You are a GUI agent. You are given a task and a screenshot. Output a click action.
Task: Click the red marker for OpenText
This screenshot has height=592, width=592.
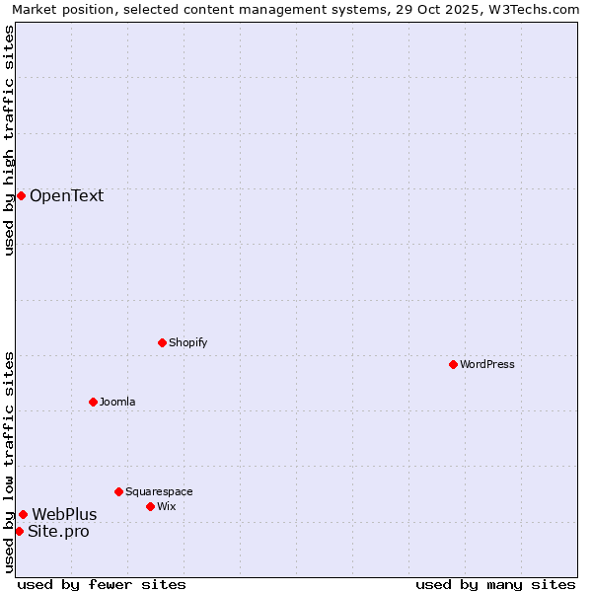tap(21, 195)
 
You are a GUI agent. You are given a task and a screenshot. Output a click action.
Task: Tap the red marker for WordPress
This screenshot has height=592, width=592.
tap(453, 364)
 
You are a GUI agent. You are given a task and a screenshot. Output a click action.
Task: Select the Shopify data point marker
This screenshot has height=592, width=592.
tap(162, 342)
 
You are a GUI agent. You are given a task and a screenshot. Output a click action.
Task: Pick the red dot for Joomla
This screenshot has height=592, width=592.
tap(93, 402)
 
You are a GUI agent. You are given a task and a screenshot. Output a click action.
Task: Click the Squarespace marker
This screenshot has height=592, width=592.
tap(118, 491)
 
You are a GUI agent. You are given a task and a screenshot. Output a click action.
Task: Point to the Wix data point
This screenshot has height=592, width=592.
tap(150, 506)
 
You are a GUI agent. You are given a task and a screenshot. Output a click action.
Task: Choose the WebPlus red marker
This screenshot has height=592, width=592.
tap(23, 514)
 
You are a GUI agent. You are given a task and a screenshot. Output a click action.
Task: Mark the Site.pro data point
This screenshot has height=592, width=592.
tap(19, 531)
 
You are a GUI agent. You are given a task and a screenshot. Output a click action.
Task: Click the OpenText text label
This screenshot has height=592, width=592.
tap(66, 195)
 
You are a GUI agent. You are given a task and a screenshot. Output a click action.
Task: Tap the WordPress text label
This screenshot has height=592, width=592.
tap(487, 364)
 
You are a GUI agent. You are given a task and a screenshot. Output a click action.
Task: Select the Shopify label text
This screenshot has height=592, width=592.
tap(187, 342)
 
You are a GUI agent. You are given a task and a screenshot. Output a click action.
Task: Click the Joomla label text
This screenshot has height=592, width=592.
tap(117, 402)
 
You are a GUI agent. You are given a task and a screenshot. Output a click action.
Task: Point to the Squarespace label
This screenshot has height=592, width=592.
tap(159, 491)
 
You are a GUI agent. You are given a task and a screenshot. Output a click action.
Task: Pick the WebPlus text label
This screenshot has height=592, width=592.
tap(64, 514)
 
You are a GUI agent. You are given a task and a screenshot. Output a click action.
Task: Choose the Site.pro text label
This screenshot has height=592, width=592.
tap(58, 532)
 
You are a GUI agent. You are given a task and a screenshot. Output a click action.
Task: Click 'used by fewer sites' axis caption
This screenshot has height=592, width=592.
tap(102, 584)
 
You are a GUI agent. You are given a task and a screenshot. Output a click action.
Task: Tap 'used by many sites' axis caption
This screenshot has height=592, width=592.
tap(495, 584)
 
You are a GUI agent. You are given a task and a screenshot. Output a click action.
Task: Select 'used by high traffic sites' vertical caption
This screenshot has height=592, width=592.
tap(9, 140)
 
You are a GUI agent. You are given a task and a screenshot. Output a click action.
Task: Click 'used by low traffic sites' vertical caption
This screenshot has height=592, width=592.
tap(9, 462)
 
